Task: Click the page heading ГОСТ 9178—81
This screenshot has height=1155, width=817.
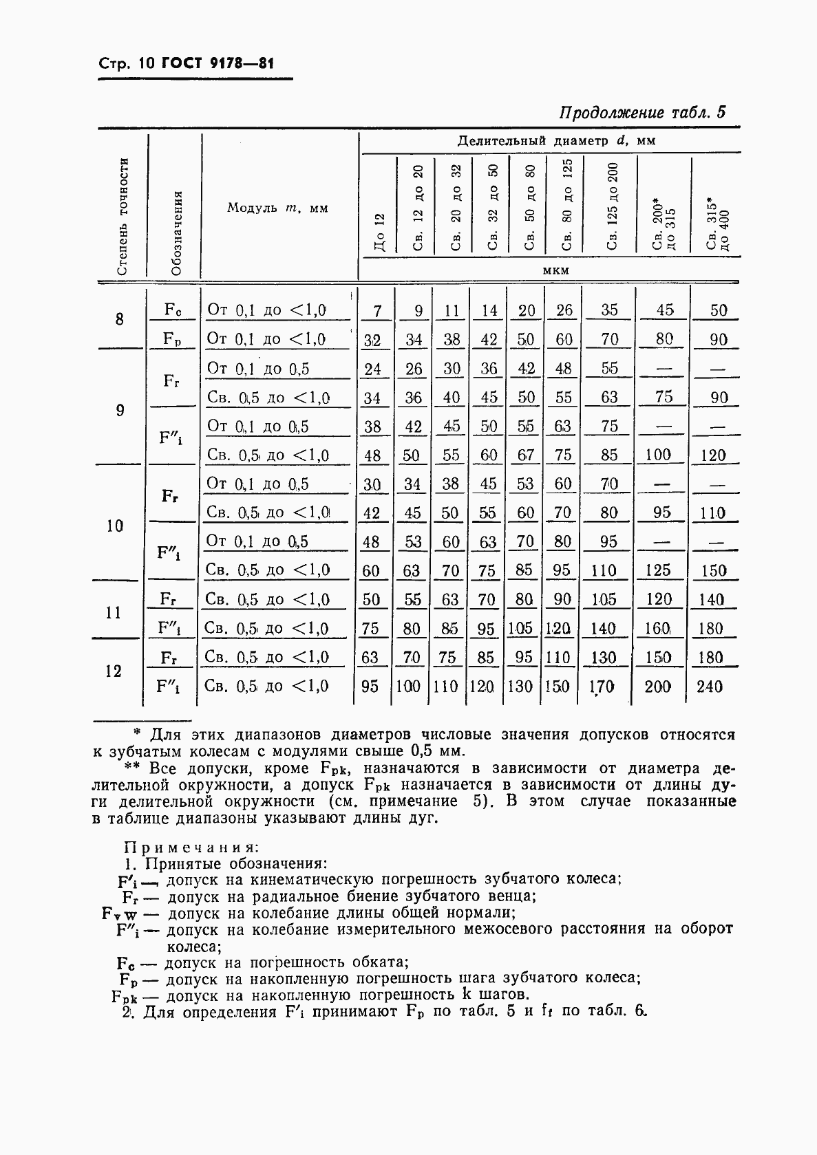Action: click(217, 64)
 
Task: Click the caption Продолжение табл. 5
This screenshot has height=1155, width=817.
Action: click(642, 113)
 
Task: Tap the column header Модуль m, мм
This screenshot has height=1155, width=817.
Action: click(278, 208)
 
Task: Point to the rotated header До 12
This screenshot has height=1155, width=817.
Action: click(379, 233)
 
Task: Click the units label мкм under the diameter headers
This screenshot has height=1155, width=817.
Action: click(556, 270)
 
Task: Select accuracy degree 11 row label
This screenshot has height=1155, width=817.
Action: click(114, 613)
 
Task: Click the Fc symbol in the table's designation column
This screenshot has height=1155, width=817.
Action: click(173, 310)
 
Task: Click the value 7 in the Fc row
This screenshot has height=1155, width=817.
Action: click(376, 311)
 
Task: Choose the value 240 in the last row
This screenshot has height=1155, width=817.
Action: click(710, 686)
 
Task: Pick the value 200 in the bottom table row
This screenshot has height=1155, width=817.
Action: click(657, 686)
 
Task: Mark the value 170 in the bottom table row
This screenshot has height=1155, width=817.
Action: click(602, 686)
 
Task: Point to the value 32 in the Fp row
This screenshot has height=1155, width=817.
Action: click(372, 340)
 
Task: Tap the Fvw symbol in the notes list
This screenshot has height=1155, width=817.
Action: click(120, 914)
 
